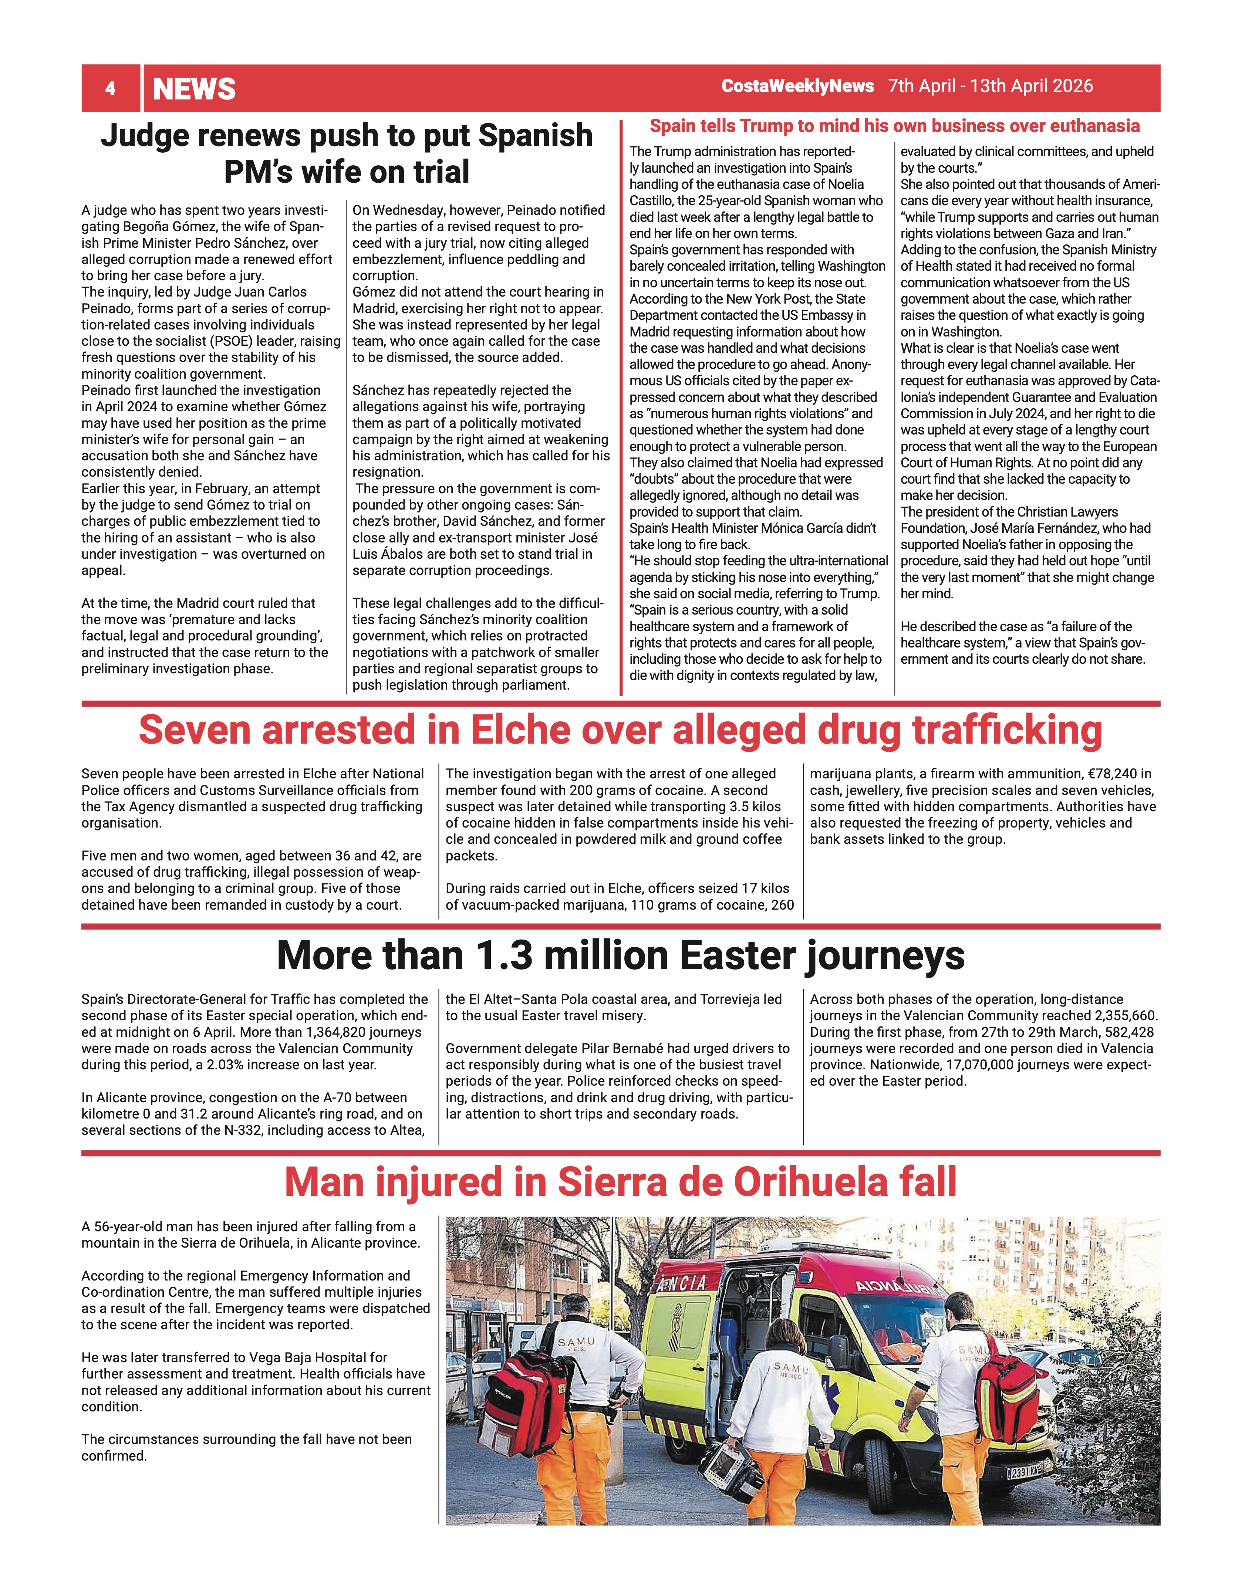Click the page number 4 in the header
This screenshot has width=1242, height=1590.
click(110, 89)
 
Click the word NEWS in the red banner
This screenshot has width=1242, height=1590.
click(195, 89)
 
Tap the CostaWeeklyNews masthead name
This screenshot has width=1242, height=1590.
click(797, 86)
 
